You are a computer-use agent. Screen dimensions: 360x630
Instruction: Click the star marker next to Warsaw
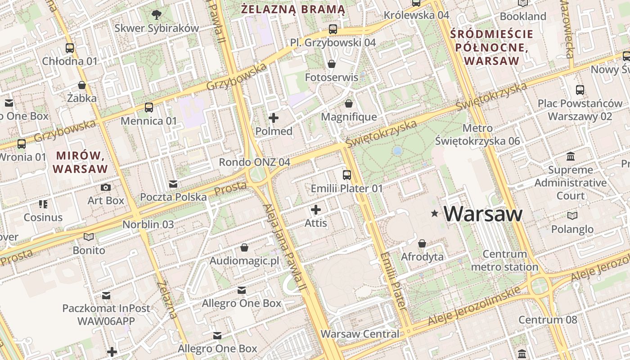pos(434,214)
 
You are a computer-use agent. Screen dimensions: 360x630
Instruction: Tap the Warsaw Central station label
pos(360,334)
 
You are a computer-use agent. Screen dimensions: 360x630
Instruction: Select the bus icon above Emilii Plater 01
pos(346,175)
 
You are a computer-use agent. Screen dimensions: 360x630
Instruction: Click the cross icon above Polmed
pos(274,118)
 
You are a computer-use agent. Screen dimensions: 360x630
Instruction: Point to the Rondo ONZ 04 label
pos(254,162)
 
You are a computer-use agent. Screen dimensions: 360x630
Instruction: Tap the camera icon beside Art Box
pos(106,187)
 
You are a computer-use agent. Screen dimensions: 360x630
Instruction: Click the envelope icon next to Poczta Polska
pos(173,184)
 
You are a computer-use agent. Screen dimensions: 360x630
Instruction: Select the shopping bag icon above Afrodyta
pos(422,244)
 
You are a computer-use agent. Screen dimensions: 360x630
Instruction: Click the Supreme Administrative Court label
pos(571,183)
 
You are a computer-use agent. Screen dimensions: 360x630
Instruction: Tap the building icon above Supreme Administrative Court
pos(571,157)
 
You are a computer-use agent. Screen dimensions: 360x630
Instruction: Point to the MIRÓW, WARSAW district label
pos(81,162)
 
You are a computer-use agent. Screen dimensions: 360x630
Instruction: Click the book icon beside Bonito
pos(89,237)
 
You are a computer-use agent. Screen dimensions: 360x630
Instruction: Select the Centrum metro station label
pos(504,261)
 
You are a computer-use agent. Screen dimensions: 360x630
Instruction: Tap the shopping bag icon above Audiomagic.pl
pos(244,247)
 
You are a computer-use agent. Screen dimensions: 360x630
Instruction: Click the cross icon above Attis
pos(316,210)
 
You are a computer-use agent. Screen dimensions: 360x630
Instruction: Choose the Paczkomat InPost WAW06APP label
pos(106,315)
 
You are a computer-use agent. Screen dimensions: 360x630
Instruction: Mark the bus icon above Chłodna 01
pos(70,48)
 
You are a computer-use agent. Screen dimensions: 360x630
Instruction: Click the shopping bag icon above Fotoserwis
pos(332,64)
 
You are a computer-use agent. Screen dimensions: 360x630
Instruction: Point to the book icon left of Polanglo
pos(572,216)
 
